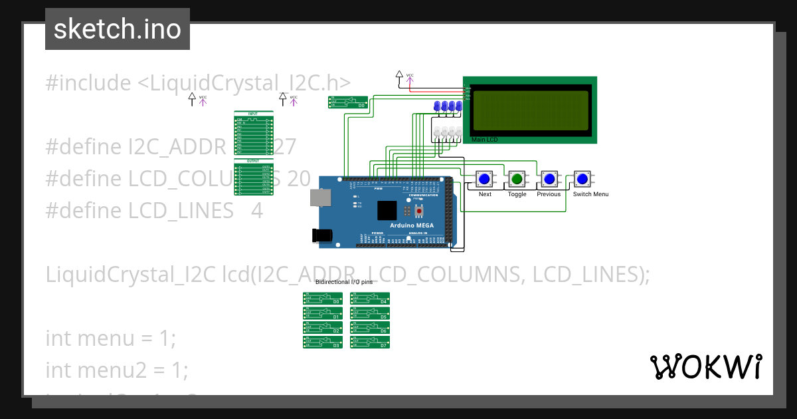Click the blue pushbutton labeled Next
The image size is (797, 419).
[x=485, y=179]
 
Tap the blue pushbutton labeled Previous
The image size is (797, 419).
[x=549, y=179]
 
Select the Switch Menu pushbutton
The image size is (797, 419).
[x=582, y=179]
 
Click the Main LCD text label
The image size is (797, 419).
[x=484, y=140]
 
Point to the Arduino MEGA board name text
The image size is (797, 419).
[x=411, y=225]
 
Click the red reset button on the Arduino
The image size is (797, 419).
[x=419, y=211]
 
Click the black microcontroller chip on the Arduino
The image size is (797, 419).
[x=386, y=211]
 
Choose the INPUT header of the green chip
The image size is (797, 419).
[x=253, y=114]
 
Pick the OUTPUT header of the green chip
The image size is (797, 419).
[x=253, y=161]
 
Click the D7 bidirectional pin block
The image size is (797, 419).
[x=370, y=343]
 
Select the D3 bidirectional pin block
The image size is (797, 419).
[x=323, y=343]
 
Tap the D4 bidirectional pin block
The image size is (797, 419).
[x=370, y=299]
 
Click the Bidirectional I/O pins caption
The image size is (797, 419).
[x=344, y=282]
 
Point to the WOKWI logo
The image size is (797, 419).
[x=705, y=366]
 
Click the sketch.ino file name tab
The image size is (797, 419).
[x=117, y=29]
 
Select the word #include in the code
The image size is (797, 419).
[x=88, y=83]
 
